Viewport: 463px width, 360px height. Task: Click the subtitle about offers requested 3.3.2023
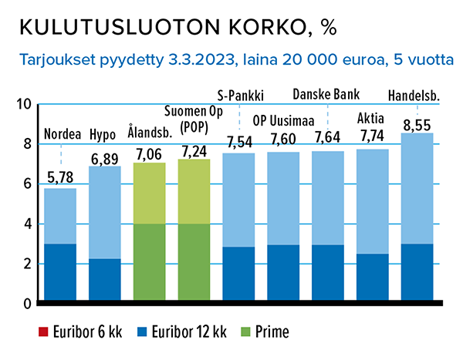click(x=231, y=59)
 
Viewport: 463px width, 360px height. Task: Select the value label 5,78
click(x=59, y=177)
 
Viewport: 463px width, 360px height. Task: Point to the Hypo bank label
click(x=103, y=134)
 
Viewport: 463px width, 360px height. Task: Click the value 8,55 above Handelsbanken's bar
click(x=417, y=121)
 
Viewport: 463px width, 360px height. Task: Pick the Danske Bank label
click(x=327, y=95)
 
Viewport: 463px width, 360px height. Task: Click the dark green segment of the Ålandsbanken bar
click(x=149, y=263)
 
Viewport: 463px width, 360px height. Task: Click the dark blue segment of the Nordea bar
click(x=59, y=273)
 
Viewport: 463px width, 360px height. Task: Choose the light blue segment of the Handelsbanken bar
click(x=417, y=189)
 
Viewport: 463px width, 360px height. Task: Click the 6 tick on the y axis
click(x=25, y=184)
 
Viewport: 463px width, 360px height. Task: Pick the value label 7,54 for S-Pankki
click(x=238, y=142)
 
